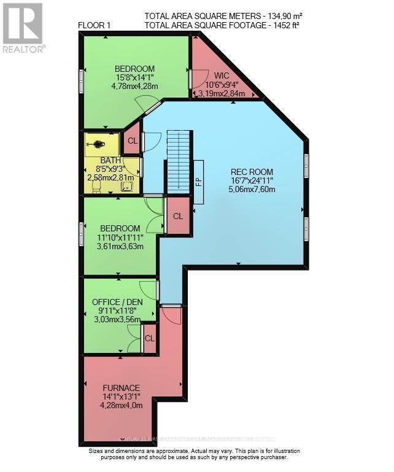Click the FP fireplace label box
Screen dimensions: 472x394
(199, 182)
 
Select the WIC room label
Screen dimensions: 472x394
(222, 75)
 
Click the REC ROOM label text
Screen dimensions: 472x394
(251, 171)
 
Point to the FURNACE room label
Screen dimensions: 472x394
(121, 388)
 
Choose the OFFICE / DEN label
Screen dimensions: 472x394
(117, 303)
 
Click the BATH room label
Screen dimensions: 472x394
(110, 160)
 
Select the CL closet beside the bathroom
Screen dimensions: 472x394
(132, 141)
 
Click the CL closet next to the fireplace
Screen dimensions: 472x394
(177, 216)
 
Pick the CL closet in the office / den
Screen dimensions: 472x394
(149, 338)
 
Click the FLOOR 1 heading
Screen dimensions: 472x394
(95, 25)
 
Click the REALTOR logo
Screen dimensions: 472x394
(23, 28)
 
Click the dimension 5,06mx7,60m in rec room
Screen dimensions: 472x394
(251, 190)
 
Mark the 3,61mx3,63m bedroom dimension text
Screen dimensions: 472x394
(121, 247)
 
